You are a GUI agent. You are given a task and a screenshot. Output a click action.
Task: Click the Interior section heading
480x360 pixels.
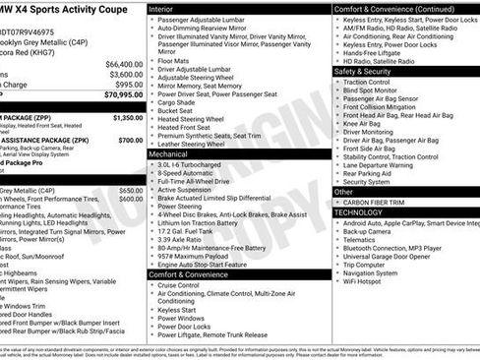tap(167, 8)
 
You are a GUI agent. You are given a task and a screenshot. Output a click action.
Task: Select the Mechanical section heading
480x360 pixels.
tap(174, 154)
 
